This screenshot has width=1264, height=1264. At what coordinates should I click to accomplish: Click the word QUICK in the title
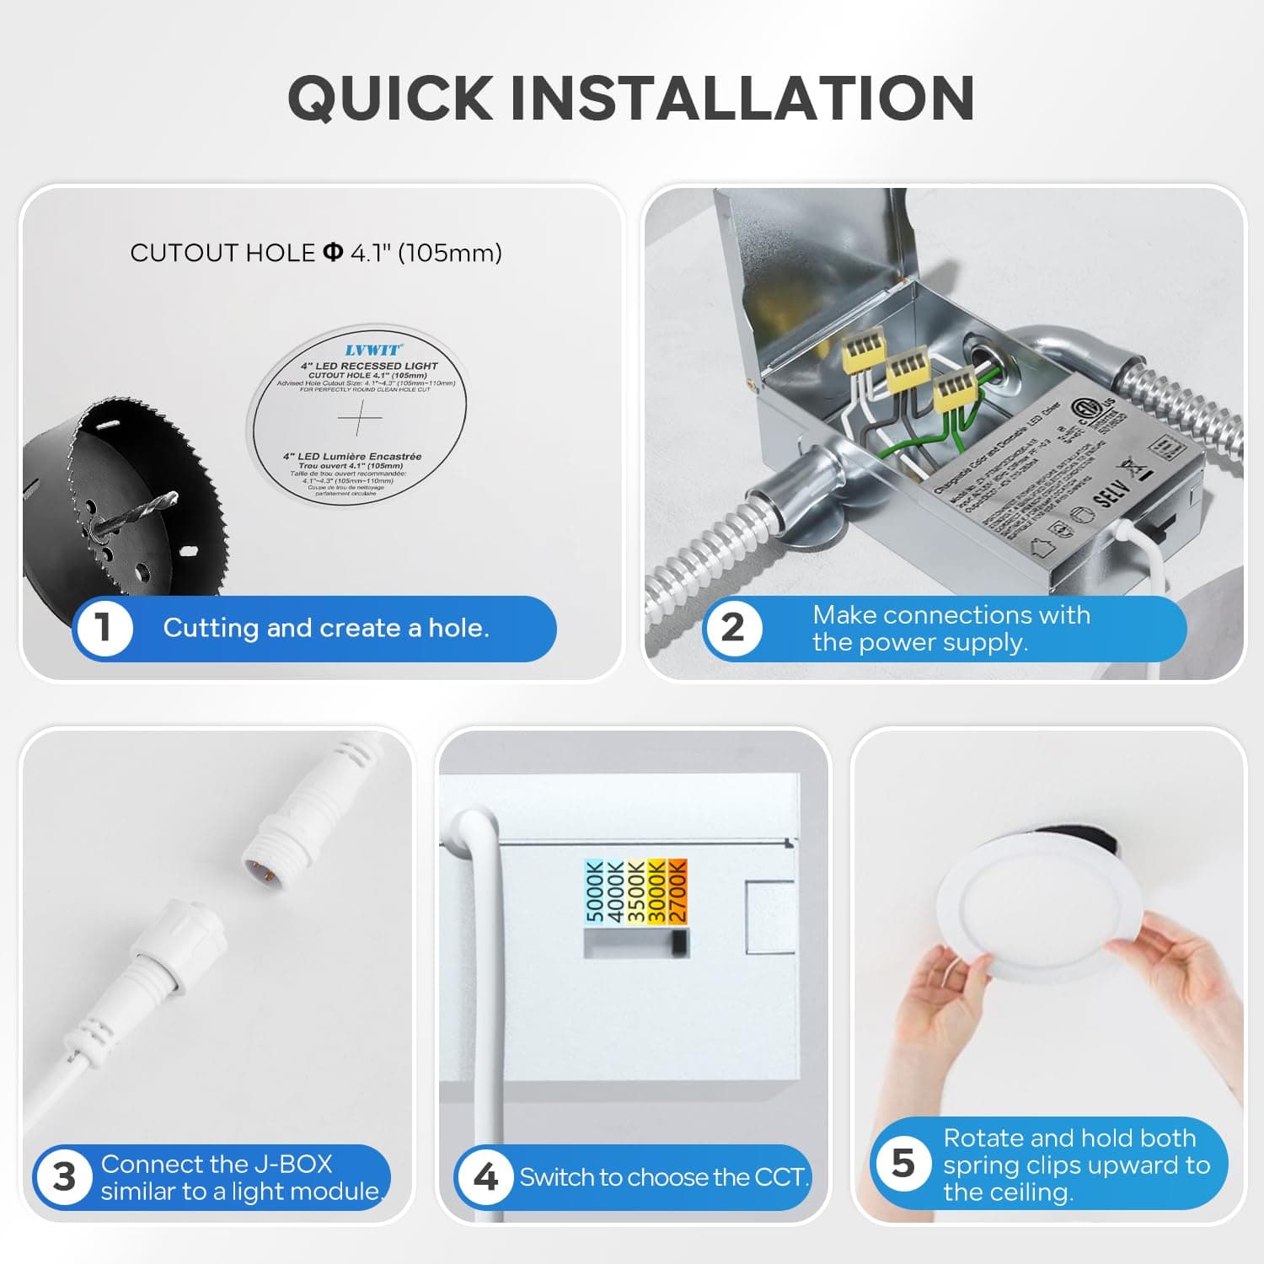click(x=390, y=98)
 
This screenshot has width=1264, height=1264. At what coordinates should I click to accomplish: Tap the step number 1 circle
click(x=103, y=628)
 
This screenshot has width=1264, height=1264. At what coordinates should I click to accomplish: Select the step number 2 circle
click(x=732, y=628)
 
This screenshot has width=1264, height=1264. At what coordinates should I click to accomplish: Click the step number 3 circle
click(x=64, y=1177)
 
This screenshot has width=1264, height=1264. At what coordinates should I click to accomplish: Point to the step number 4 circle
click(x=485, y=1177)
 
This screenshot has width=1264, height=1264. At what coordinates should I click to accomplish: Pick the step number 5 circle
click(x=902, y=1164)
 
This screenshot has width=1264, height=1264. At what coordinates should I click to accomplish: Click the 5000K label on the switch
click(x=594, y=891)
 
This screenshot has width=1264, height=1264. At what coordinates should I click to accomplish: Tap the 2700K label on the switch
click(x=678, y=891)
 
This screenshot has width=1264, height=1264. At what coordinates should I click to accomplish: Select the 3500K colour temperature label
click(x=636, y=891)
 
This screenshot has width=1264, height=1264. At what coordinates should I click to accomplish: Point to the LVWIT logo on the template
click(x=372, y=350)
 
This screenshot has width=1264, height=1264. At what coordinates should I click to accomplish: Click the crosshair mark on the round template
click(x=360, y=417)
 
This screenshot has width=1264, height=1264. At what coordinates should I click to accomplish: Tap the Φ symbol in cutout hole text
click(x=333, y=252)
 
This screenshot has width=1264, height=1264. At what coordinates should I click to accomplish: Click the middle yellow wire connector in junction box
click(x=908, y=368)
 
